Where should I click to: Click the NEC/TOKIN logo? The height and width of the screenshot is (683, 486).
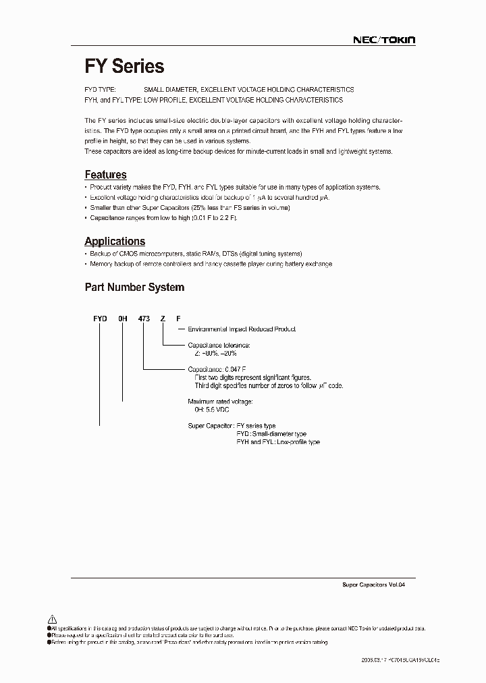[384, 40]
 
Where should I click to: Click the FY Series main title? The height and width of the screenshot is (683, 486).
[124, 66]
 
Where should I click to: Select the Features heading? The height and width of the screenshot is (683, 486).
[105, 175]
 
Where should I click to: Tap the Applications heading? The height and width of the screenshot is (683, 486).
[115, 241]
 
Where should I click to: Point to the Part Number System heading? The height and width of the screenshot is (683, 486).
[134, 287]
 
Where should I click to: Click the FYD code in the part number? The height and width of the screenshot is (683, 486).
[99, 317]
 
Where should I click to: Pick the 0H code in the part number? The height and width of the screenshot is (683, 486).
[122, 317]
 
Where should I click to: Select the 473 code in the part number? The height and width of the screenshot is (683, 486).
[143, 317]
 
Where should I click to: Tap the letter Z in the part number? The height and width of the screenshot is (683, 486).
[163, 317]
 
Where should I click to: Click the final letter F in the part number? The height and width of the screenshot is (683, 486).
[178, 317]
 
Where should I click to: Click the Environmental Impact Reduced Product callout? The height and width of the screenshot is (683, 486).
[241, 329]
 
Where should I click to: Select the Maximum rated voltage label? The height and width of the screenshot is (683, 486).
[219, 402]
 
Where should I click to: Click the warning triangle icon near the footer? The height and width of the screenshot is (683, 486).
[52, 619]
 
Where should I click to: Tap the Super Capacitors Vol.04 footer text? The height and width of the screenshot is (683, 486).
[369, 585]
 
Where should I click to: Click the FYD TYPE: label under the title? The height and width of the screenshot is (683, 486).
[101, 90]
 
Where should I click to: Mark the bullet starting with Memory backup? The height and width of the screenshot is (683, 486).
[211, 264]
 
